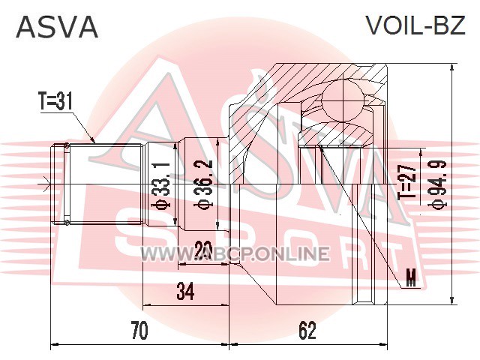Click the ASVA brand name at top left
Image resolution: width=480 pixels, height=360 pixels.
(57, 26)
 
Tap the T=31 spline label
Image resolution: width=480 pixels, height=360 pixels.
(55, 101)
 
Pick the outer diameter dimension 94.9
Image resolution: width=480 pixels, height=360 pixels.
(434, 184)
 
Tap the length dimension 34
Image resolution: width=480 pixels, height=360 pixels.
(184, 292)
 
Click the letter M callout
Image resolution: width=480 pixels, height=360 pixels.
(410, 280)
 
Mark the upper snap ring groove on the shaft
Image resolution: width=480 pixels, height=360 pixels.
(67, 145)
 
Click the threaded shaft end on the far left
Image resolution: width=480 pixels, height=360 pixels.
(58, 183)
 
